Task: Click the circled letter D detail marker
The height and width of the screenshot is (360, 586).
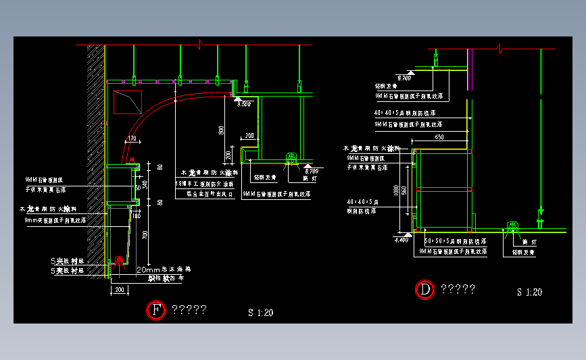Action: [424, 290]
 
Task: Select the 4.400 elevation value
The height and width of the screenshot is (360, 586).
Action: [401, 239]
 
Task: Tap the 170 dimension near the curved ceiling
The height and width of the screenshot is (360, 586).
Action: [131, 138]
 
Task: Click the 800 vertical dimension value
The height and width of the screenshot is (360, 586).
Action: [221, 130]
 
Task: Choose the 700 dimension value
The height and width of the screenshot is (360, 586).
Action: [145, 234]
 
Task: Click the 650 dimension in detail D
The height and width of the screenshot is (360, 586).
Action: [439, 137]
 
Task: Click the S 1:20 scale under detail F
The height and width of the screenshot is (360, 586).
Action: [260, 313]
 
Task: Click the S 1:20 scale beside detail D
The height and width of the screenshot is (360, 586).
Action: [529, 292]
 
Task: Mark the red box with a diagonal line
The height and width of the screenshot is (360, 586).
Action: [126, 102]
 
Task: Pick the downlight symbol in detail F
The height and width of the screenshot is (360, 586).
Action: [291, 158]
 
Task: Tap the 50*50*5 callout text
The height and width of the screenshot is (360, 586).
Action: [451, 241]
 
